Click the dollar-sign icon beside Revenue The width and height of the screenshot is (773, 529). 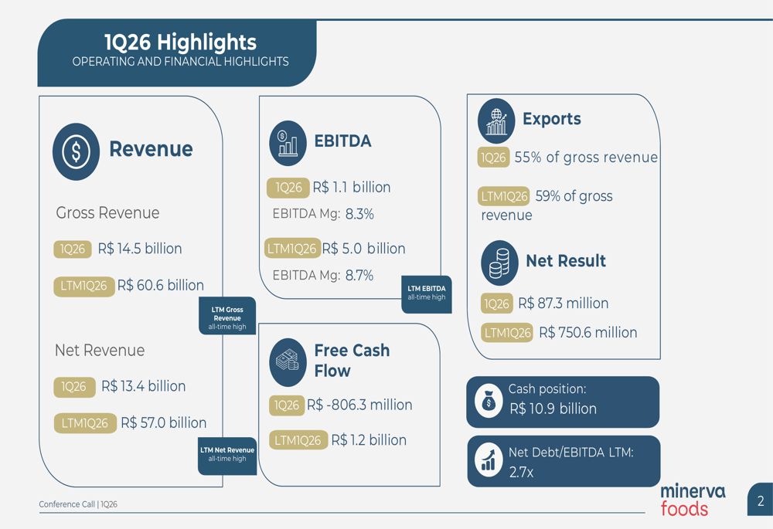tap(76, 151)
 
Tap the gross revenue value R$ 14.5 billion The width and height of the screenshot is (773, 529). tap(140, 249)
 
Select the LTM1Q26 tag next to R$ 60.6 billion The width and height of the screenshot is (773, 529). tap(83, 286)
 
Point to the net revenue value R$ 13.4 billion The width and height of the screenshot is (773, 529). tap(144, 386)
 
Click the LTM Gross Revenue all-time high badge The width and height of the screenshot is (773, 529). tap(227, 316)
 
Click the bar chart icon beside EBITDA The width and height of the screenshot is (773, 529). tap(288, 143)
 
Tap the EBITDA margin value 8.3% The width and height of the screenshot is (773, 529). tap(359, 214)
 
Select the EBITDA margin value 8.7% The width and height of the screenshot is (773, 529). tap(359, 276)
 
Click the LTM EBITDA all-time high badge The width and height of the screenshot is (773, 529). tap(427, 294)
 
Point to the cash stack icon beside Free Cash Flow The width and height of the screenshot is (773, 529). tap(288, 362)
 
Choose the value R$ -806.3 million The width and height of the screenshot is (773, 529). tap(359, 405)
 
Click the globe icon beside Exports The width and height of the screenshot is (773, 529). tap(496, 120)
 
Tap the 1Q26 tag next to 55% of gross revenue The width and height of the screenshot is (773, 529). tap(493, 158)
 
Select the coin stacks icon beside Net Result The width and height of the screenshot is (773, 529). tap(500, 263)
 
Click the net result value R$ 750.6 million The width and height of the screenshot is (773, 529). tap(588, 333)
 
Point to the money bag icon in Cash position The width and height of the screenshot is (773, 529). tap(489, 401)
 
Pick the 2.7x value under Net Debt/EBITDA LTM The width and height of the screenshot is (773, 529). tap(521, 473)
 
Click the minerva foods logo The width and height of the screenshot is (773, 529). tap(693, 500)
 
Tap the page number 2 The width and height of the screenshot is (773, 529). tap(761, 501)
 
